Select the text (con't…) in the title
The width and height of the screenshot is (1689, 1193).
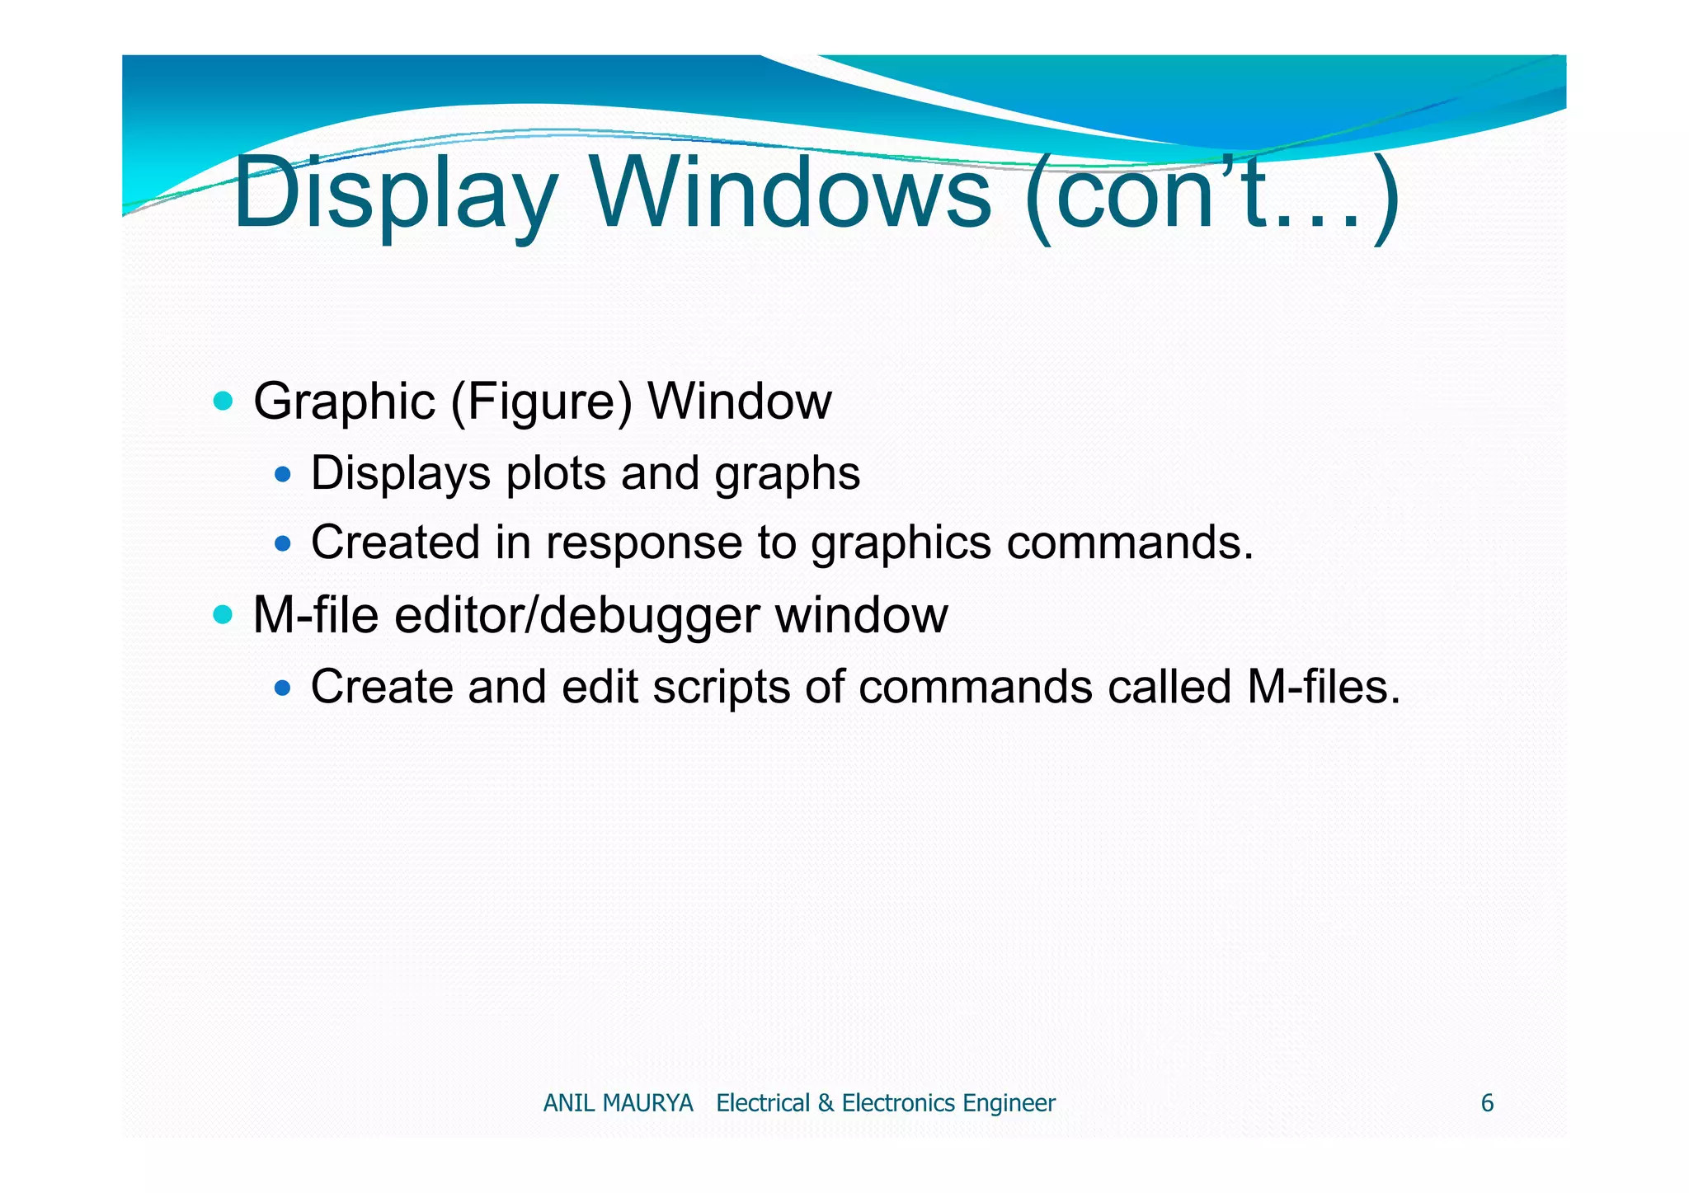tap(1211, 194)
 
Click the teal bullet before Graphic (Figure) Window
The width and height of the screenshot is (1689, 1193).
tap(223, 402)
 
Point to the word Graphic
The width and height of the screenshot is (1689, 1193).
tap(344, 402)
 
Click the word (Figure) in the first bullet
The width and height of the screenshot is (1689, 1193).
tap(541, 402)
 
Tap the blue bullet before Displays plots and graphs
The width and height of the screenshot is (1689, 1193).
tap(283, 474)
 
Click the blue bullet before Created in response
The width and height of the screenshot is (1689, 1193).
tap(283, 543)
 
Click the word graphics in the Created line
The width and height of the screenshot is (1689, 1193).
tap(901, 543)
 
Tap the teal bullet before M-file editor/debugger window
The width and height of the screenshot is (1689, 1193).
tap(223, 614)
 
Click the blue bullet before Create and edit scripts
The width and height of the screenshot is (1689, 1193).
tap(283, 687)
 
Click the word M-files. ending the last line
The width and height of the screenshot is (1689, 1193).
tap(1324, 687)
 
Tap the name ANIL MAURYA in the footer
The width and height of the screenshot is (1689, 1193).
tap(618, 1103)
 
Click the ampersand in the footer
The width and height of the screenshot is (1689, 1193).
tap(826, 1103)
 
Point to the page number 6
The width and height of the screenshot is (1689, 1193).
tap(1487, 1103)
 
